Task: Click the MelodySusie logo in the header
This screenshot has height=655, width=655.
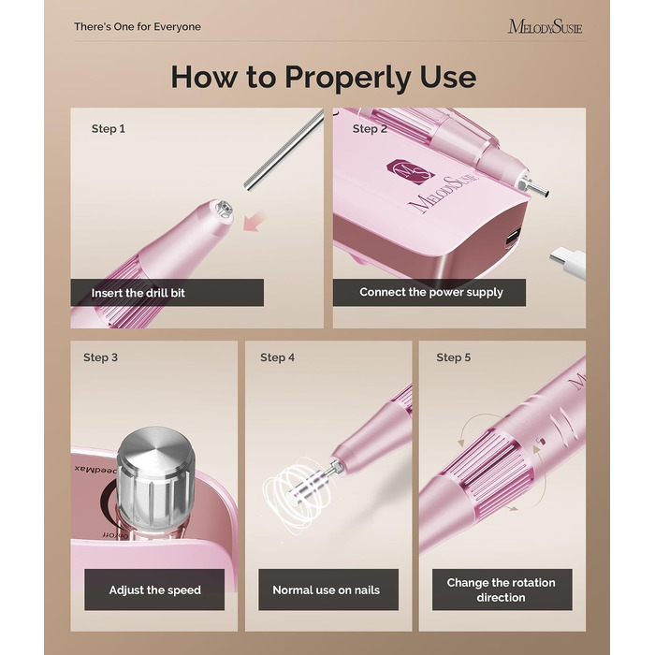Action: point(545,27)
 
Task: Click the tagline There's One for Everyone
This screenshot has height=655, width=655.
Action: point(138,27)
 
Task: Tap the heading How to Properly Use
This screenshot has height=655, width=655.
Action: point(324,78)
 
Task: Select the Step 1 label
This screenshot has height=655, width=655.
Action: point(109,129)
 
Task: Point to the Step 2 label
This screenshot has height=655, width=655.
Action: point(370,129)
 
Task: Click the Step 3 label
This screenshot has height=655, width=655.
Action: point(101,357)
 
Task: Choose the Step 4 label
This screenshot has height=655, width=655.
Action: point(277,357)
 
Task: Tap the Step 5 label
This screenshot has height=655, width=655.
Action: point(454,357)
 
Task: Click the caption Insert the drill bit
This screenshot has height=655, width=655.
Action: point(138,293)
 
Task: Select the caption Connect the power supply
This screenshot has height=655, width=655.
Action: point(431,292)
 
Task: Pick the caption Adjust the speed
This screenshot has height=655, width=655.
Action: point(155,590)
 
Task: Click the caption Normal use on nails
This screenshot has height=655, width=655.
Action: point(327,589)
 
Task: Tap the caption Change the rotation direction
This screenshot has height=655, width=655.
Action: point(502,589)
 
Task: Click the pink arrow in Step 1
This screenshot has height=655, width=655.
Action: point(255,221)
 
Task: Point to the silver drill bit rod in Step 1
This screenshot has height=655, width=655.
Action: point(284,149)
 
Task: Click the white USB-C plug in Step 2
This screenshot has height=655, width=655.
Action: point(567,261)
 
